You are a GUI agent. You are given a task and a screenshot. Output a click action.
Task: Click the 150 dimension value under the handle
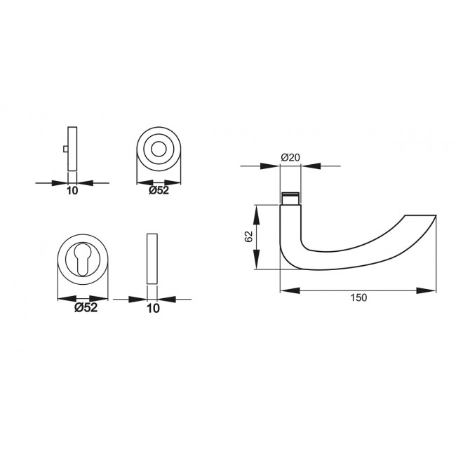pos(358,297)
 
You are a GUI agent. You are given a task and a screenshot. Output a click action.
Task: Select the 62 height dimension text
pos(248,236)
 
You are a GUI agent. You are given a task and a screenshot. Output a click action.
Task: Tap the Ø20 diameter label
pos(290,158)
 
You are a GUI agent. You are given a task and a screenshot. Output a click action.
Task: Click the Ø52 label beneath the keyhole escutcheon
pos(85,307)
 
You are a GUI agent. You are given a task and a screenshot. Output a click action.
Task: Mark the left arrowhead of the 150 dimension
pos(288,289)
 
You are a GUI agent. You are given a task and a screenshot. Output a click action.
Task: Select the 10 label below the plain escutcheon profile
pos(152,307)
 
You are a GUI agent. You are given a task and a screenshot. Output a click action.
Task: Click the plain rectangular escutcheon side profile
pos(152,258)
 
